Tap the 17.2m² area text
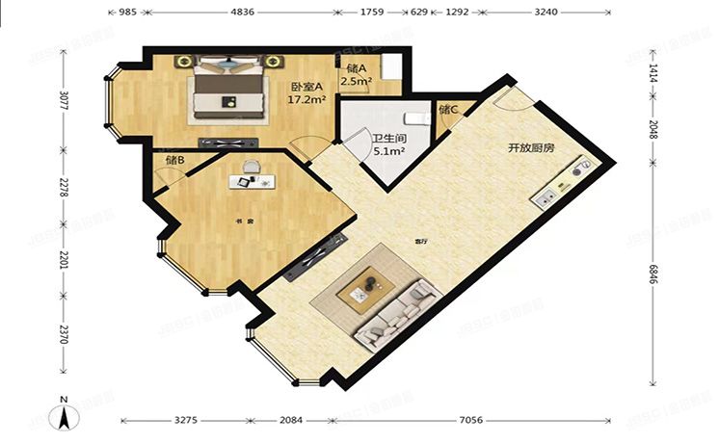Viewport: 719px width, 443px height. [x=308, y=99]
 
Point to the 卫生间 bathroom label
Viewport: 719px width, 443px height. [x=375, y=137]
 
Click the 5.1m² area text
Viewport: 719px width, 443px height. [x=376, y=150]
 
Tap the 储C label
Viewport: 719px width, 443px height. [x=448, y=110]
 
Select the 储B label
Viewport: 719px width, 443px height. [x=174, y=160]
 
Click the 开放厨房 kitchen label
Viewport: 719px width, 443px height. [x=531, y=149]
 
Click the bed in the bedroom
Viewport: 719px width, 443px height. [x=228, y=88]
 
